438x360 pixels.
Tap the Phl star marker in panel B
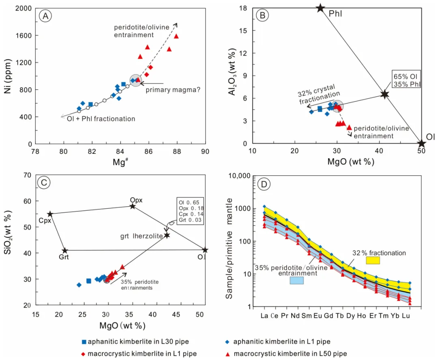(320, 8)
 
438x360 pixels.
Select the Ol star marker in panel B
(421, 143)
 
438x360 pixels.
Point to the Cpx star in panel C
(50, 214)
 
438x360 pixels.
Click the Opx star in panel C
(133, 206)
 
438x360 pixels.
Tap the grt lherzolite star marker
(167, 235)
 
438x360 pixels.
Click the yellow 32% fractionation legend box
(373, 261)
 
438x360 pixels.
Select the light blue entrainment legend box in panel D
(296, 280)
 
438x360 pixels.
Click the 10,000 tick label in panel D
(240, 176)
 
